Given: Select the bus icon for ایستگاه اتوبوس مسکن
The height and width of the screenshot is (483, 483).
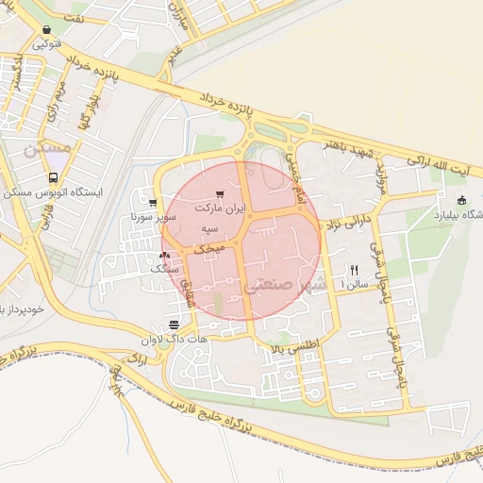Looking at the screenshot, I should tap(53, 177).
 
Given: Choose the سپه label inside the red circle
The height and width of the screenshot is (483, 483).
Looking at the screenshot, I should tap(210, 229).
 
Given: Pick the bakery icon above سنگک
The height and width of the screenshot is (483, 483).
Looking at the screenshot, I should tap(167, 255).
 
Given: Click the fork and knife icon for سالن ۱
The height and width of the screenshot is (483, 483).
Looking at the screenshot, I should tap(355, 269).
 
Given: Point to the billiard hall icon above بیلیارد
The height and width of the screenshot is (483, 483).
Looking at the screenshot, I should tap(461, 200).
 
